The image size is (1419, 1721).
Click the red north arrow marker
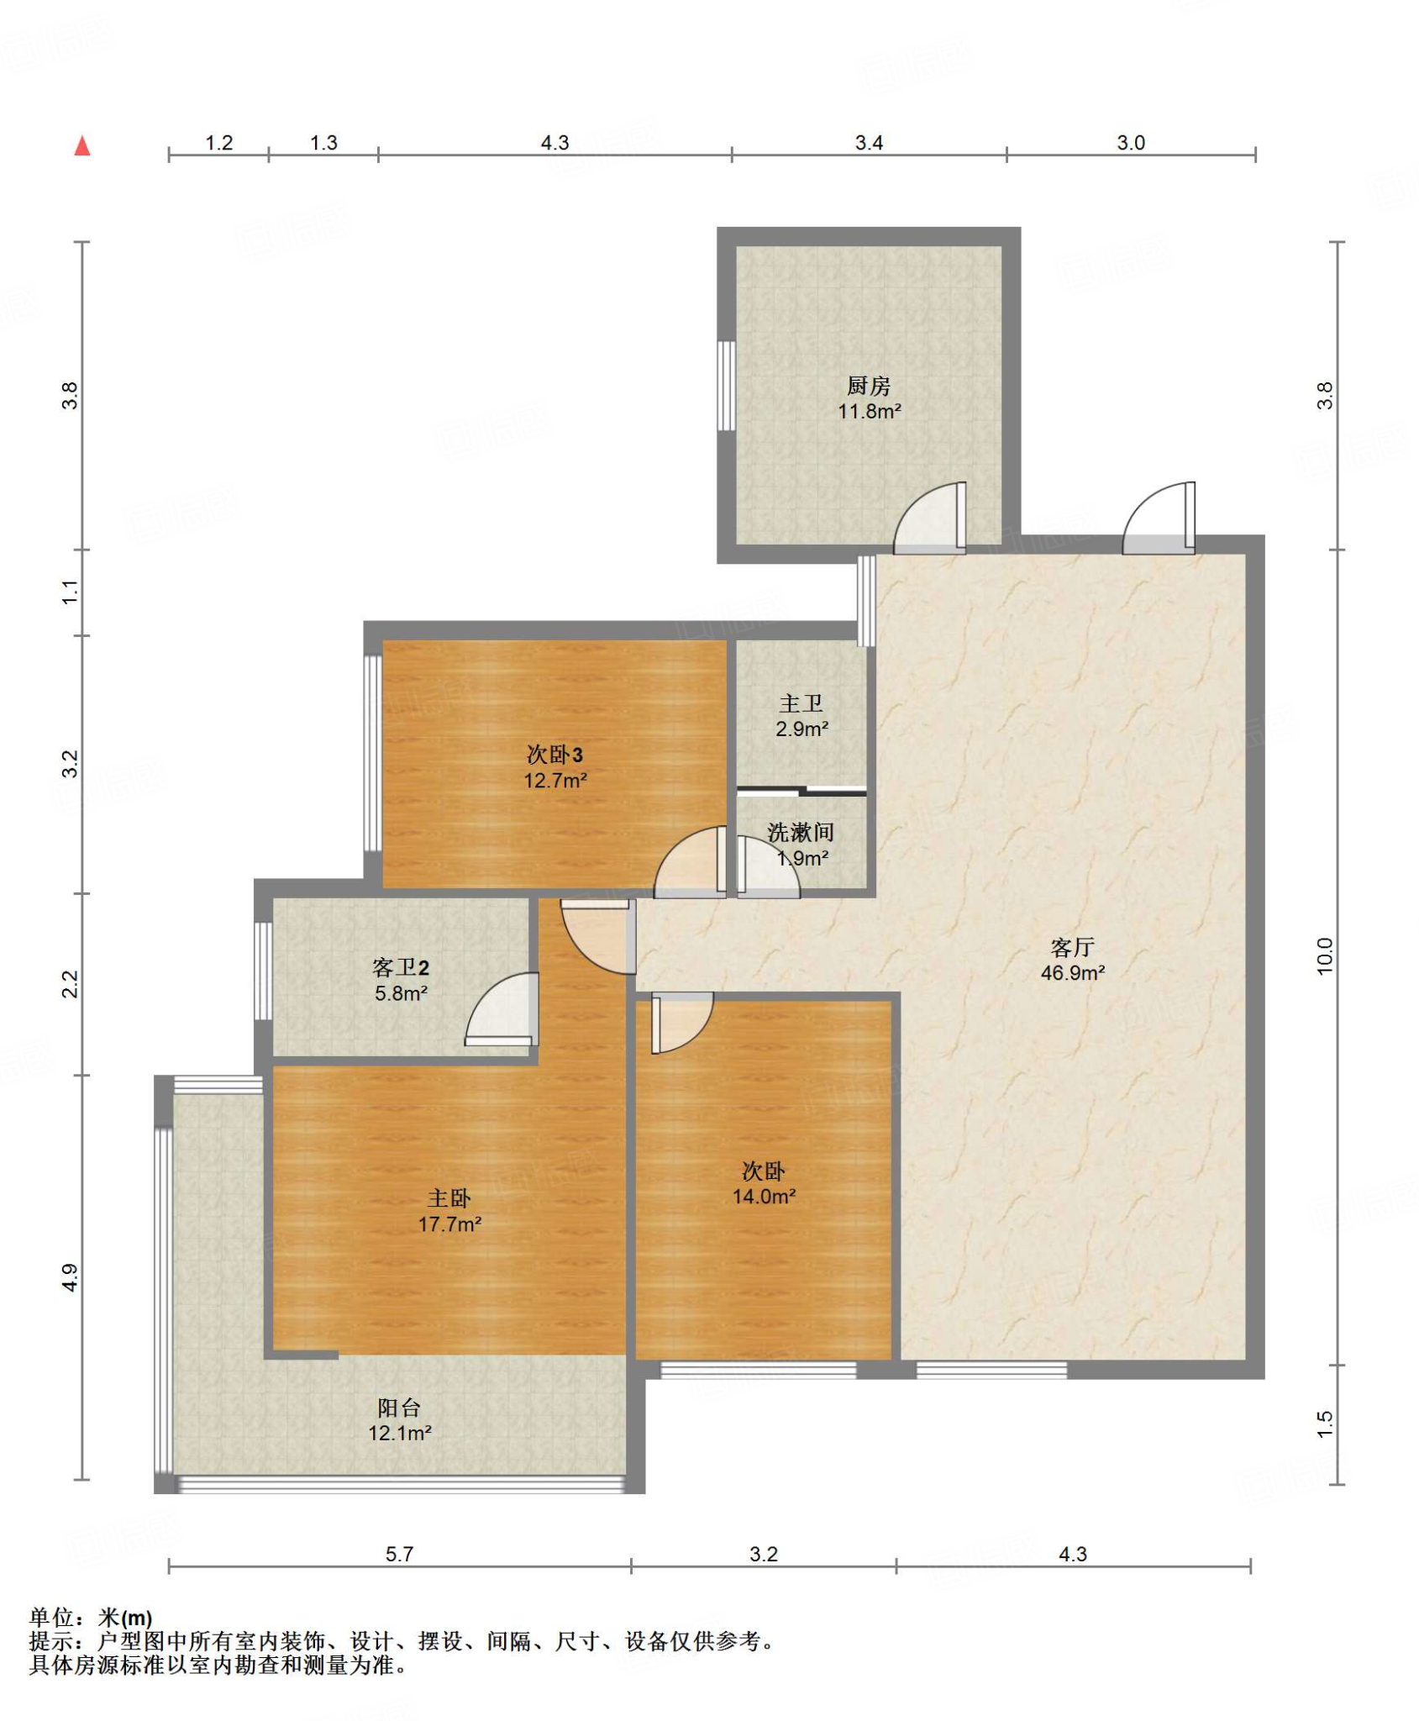[x=81, y=146]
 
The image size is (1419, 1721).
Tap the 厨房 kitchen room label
[x=869, y=386]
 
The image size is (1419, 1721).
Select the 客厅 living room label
[x=1072, y=947]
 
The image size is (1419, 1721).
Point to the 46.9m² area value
[x=1073, y=973]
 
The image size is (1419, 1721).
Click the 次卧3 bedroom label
[x=554, y=754]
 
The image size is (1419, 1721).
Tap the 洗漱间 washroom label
[x=801, y=832]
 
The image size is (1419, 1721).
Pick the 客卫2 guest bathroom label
[x=401, y=967]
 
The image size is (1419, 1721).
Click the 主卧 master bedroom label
[x=449, y=1198]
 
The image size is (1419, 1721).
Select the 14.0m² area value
[x=764, y=1197]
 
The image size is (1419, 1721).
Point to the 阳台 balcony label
[x=399, y=1408]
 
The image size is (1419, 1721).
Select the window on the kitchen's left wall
[x=727, y=386]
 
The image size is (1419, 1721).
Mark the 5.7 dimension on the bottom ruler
[x=399, y=1554]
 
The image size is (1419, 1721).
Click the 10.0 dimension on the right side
[x=1325, y=956]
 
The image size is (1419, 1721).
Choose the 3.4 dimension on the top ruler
[x=869, y=143]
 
